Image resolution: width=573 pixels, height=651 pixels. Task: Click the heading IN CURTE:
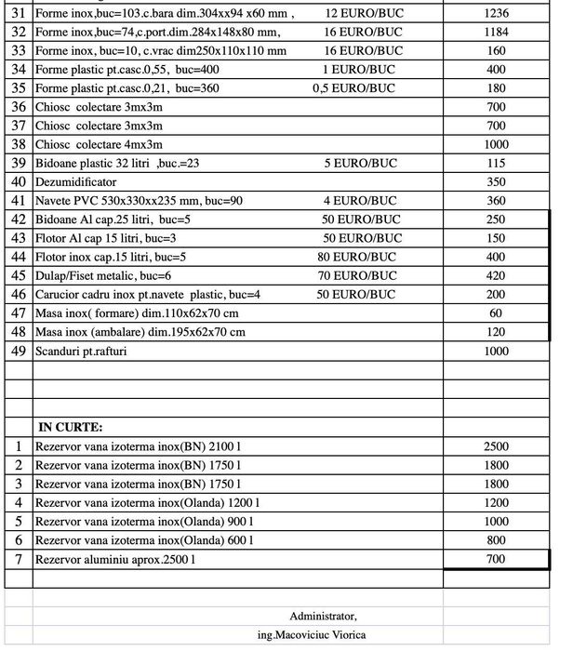click(71, 426)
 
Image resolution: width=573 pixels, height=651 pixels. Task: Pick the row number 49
click(18, 351)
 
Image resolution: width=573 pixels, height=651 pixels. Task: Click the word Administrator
click(323, 616)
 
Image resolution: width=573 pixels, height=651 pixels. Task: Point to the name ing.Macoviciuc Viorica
click(323, 635)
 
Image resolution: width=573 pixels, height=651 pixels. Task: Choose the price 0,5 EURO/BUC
click(354, 88)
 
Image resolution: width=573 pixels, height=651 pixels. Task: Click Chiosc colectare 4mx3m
click(100, 144)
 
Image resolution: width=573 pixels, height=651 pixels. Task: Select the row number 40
click(18, 181)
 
